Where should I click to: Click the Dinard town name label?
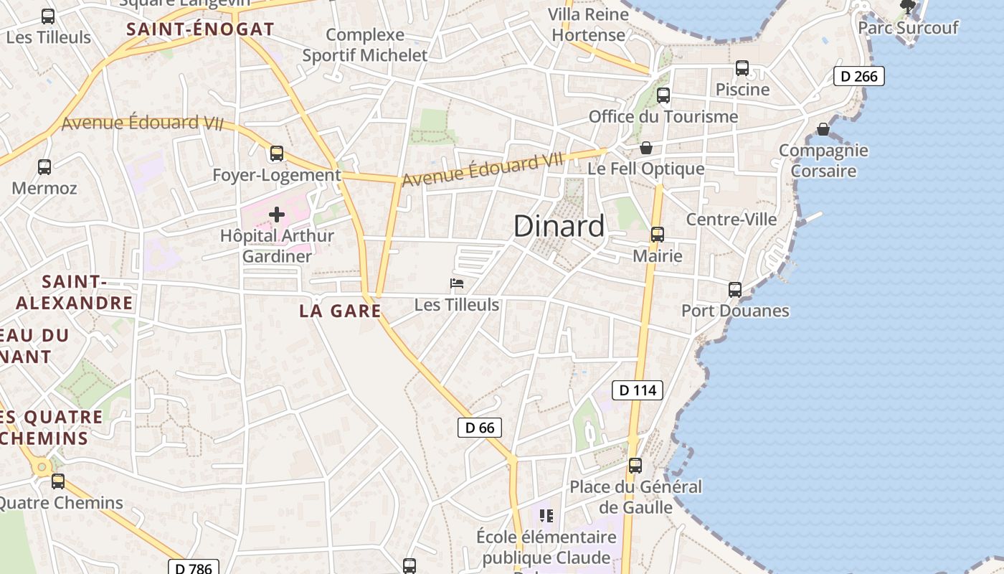559,226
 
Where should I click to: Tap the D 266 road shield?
858,76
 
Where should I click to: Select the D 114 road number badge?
637,390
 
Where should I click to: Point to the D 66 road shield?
480,428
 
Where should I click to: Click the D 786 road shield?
194,568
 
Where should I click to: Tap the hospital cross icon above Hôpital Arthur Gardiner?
277,214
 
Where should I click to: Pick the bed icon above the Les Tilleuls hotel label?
457,283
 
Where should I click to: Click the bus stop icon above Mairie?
658,235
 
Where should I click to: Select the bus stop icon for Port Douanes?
735,290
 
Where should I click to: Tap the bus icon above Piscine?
742,68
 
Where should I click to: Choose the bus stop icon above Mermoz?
44,167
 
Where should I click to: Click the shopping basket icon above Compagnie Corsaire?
823,129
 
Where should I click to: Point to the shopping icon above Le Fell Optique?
646,148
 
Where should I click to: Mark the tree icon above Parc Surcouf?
908,7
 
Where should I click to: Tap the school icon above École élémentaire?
546,516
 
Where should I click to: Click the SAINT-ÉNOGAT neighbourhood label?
201,29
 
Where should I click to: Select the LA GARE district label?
340,311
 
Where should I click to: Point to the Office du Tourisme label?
663,116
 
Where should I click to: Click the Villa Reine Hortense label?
588,24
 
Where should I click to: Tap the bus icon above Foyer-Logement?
277,154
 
